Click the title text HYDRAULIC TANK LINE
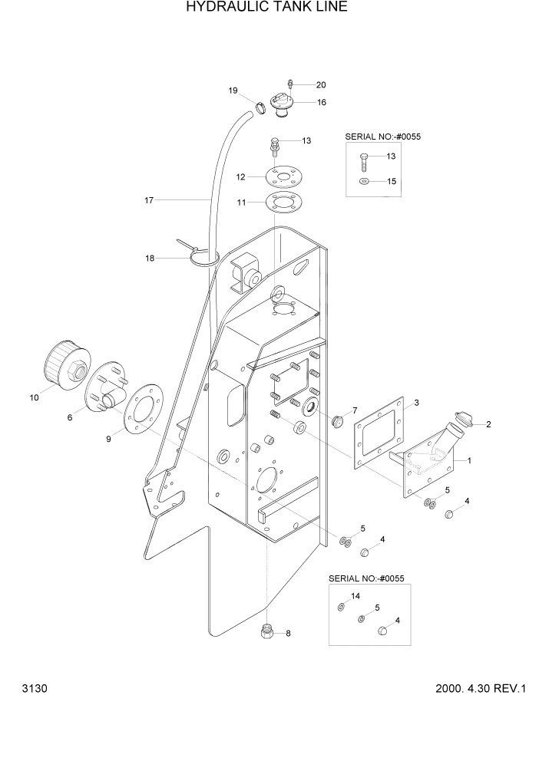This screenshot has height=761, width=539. pyautogui.click(x=266, y=8)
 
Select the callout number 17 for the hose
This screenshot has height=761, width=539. pyautogui.click(x=149, y=200)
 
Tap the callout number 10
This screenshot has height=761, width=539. pyautogui.click(x=34, y=397)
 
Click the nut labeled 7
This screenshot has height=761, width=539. pyautogui.click(x=336, y=420)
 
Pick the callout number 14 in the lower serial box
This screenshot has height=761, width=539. pyautogui.click(x=355, y=596)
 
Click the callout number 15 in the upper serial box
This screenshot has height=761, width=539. pyautogui.click(x=391, y=182)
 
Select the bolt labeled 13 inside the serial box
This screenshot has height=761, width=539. pyautogui.click(x=364, y=160)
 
